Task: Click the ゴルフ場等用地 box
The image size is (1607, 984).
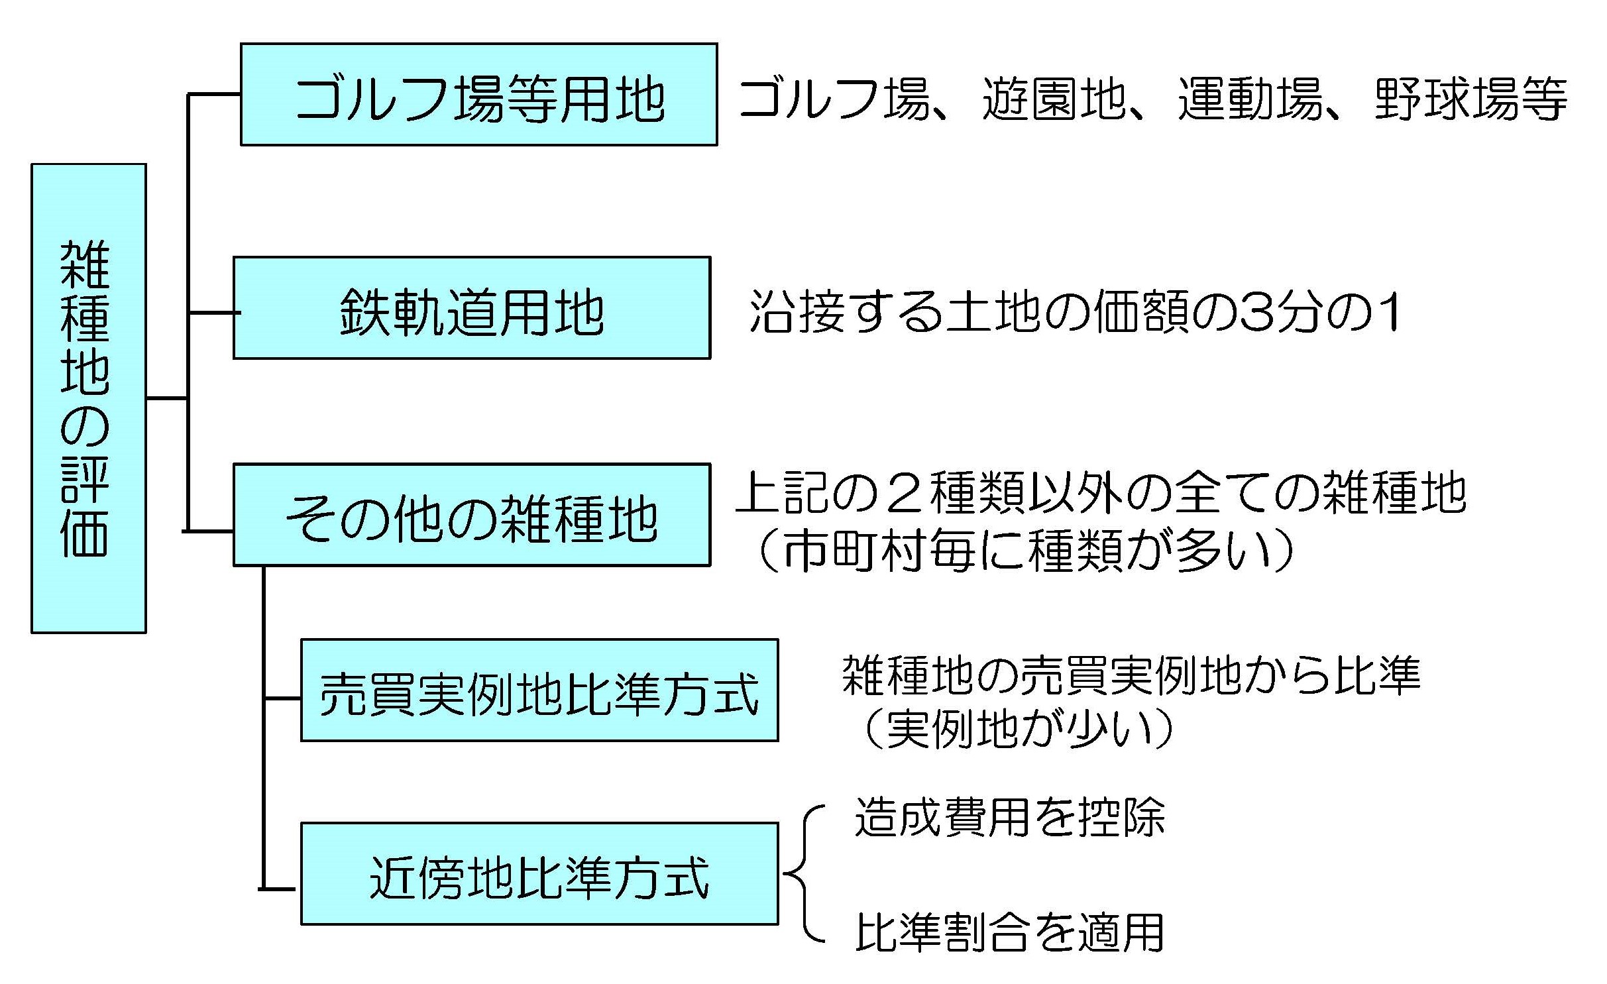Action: (478, 95)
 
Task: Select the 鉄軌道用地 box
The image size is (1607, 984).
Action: (471, 308)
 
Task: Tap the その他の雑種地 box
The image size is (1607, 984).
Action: (471, 515)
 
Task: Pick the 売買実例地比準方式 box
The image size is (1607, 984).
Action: (539, 690)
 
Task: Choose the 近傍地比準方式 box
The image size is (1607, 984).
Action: (539, 874)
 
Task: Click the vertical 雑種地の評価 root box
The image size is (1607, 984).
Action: (89, 398)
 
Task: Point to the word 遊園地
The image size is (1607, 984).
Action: (1054, 99)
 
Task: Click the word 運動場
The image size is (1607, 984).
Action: (1249, 99)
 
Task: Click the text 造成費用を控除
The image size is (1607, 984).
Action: (1009, 817)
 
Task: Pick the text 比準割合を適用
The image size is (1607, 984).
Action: (1009, 932)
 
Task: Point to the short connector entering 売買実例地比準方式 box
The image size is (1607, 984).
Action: (282, 698)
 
